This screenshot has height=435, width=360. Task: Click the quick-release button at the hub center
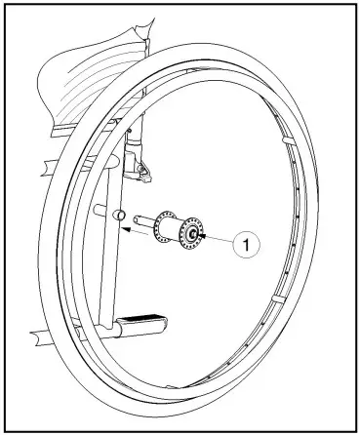point(193,234)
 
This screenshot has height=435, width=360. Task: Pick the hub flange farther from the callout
point(164,224)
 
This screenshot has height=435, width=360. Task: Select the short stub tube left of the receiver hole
point(99,209)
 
